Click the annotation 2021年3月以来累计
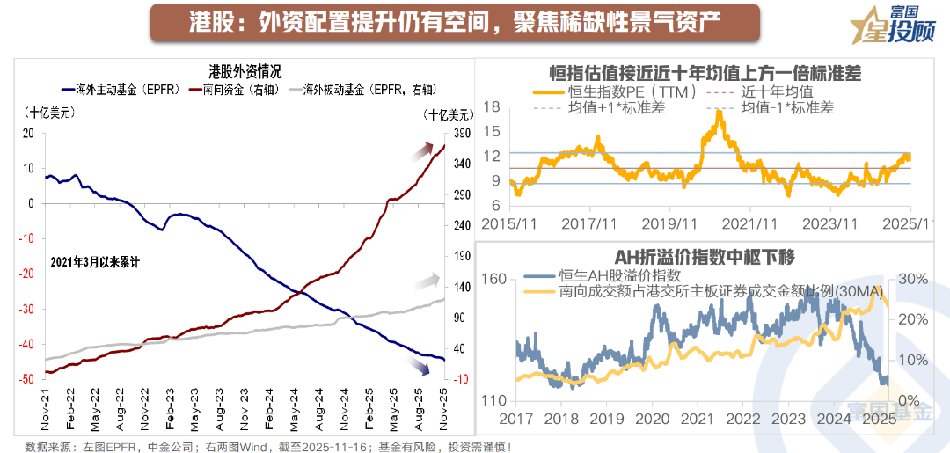pos(96,262)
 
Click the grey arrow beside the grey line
pos(428,281)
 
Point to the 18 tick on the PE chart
pos(492,106)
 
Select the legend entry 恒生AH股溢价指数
pos(612,275)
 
